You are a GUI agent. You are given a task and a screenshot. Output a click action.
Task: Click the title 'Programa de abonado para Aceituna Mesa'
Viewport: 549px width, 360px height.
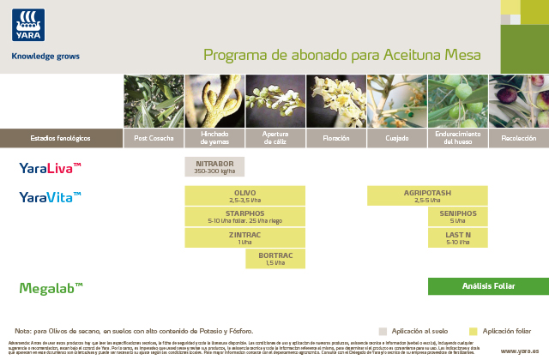coord(341,56)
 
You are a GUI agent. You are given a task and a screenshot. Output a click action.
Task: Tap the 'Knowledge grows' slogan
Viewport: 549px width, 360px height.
coord(45,57)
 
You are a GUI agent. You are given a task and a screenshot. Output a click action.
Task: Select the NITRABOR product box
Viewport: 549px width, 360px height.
coord(214,167)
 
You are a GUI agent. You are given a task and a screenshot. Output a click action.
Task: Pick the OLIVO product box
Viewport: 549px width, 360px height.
coord(245,196)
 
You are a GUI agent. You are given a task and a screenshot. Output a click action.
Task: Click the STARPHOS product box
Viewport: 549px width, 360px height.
coord(245,217)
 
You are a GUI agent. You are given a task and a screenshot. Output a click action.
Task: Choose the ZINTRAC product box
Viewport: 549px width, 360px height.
coord(245,238)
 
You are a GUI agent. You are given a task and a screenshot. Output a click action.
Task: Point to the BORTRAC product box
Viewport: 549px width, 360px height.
coord(275,259)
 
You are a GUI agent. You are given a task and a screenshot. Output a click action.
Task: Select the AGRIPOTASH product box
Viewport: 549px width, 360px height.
coord(427,196)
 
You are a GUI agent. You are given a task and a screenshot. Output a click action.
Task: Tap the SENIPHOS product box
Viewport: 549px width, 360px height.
coord(458,217)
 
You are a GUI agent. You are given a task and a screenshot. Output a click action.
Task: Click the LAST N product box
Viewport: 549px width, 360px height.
coord(458,238)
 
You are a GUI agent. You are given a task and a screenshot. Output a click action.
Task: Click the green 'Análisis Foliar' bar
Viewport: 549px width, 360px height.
coord(488,286)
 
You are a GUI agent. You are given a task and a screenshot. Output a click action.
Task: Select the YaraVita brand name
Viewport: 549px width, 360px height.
coord(51,198)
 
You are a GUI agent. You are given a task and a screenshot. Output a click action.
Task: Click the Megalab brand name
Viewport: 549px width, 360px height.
coord(51,288)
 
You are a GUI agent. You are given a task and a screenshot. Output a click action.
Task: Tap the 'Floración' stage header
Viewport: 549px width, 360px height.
coord(336,138)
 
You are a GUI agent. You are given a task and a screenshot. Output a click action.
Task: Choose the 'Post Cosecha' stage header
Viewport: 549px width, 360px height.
coord(154,138)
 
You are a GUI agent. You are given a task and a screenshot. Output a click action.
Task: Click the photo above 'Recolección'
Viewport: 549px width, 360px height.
coord(519,101)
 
